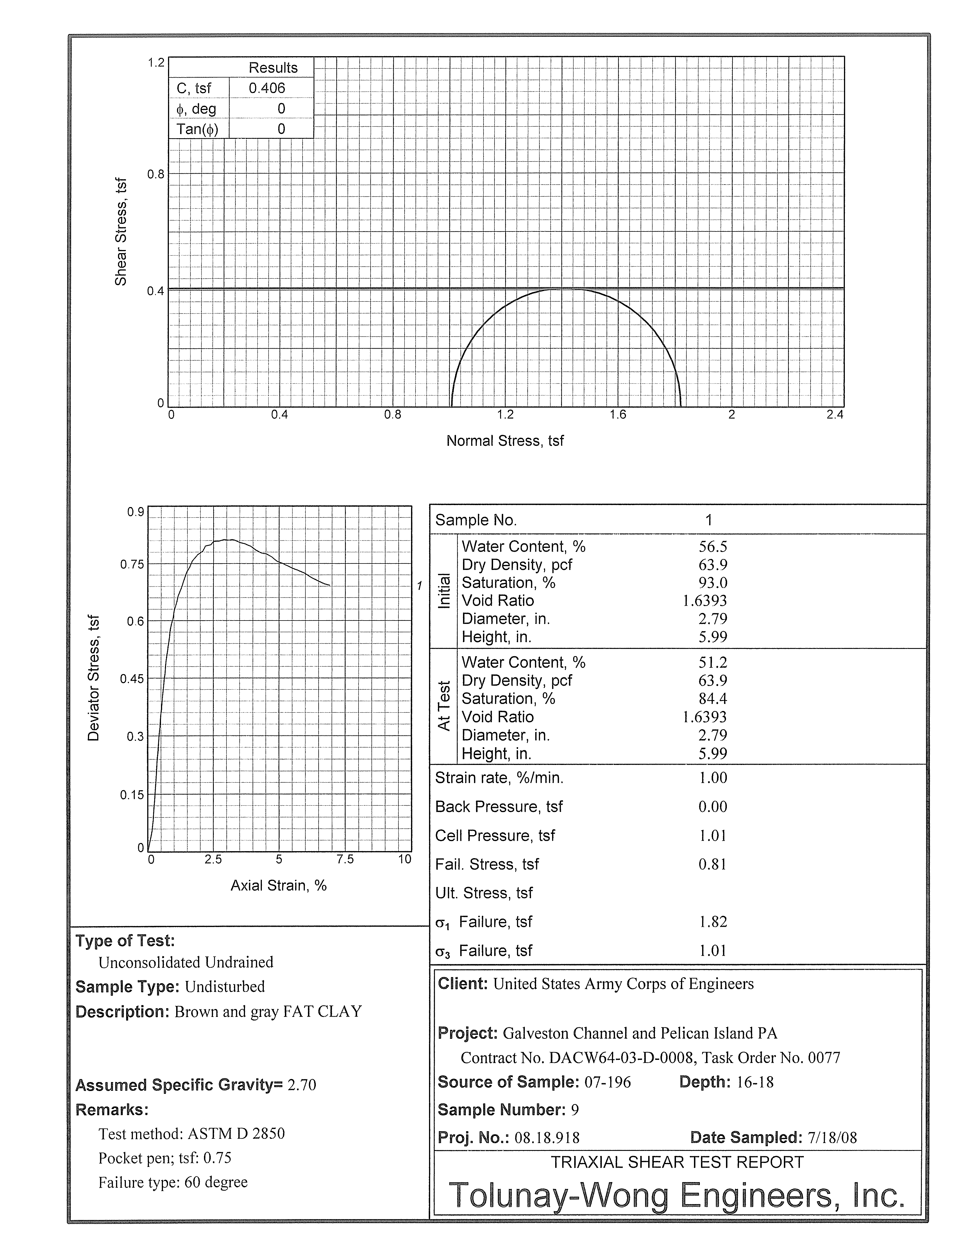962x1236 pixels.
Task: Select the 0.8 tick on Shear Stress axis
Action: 156,174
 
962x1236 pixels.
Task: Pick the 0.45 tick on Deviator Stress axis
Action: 132,679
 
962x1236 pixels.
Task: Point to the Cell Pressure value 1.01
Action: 713,836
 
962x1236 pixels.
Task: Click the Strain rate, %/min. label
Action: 499,778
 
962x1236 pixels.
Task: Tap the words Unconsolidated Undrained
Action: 186,963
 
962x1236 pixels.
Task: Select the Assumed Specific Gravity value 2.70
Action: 302,1085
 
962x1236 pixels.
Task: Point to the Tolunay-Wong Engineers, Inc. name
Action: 677,1196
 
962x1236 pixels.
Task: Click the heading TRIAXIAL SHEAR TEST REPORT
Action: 677,1162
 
